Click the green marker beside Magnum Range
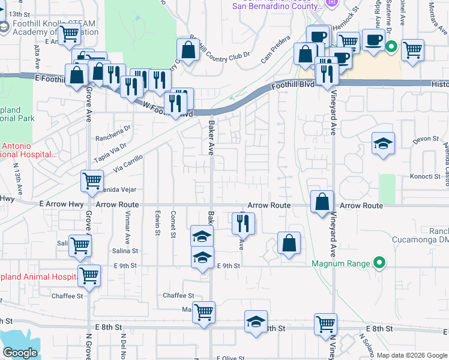(x=379, y=263)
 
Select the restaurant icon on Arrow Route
(x=243, y=223)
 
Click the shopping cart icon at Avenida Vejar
(x=92, y=181)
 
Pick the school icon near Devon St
(x=382, y=143)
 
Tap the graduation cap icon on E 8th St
(x=256, y=322)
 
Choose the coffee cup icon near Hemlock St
(x=374, y=40)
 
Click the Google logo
(x=20, y=353)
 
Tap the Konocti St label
(x=426, y=176)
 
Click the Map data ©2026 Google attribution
(x=411, y=355)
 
